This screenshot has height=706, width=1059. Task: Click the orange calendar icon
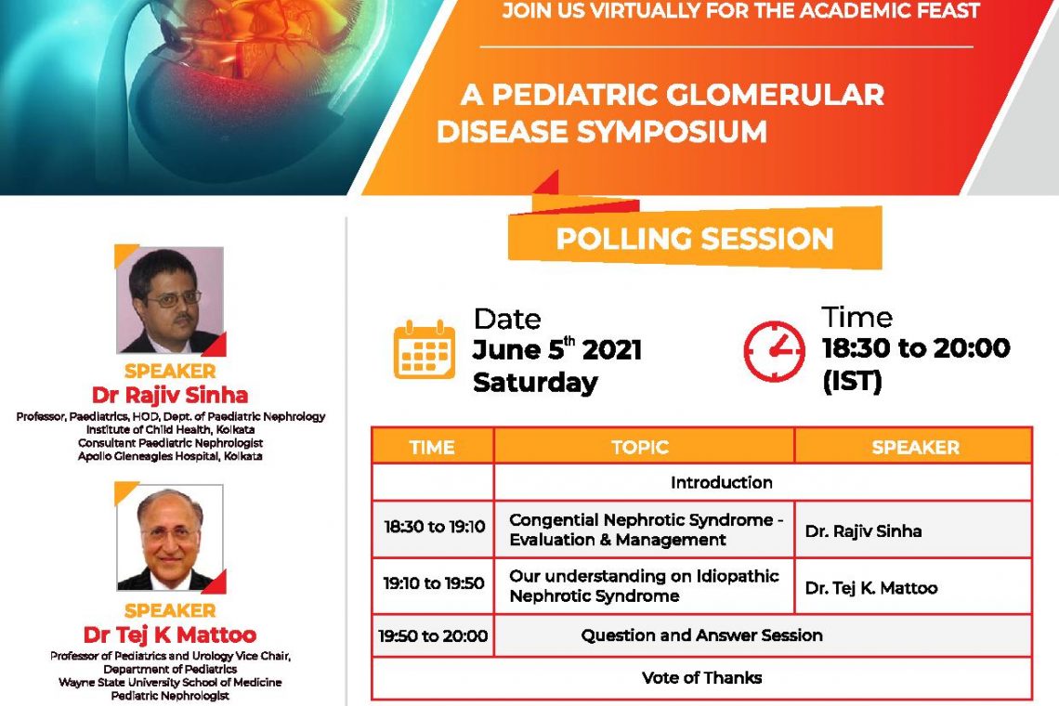[x=425, y=349]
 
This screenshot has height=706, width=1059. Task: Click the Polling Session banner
[x=695, y=239]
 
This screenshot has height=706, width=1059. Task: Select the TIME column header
[x=432, y=447]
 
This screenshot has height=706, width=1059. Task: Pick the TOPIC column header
[x=640, y=447]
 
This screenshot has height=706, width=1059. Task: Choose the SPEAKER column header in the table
[x=915, y=447]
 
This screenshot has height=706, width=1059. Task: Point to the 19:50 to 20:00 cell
[x=433, y=635]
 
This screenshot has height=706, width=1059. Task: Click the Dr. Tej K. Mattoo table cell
[x=913, y=586]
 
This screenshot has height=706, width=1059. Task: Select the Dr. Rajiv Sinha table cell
[x=913, y=529]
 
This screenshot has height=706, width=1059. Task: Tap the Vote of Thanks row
[x=701, y=677]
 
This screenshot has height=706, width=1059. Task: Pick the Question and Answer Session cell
[x=764, y=635]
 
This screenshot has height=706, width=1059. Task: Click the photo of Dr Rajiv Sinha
[x=170, y=300]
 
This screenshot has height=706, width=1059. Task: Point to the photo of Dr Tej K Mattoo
[x=170, y=538]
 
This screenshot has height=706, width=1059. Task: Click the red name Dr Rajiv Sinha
[x=170, y=395]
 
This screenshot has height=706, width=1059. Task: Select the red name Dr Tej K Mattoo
[x=170, y=634]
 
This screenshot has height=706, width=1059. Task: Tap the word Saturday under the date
[x=536, y=383]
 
